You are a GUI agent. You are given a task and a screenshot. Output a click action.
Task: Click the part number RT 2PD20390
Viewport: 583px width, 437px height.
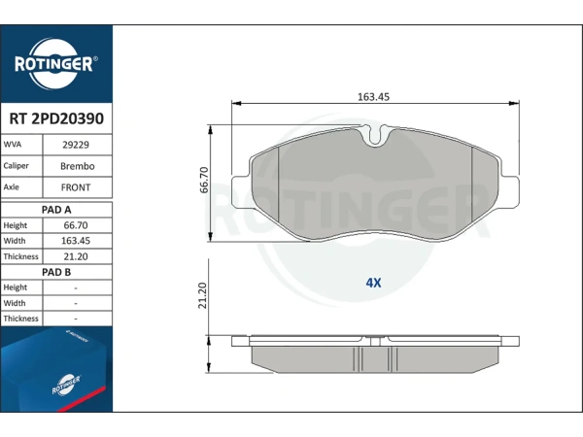[x=56, y=118]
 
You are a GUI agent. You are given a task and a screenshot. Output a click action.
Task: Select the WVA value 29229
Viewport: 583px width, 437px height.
[x=76, y=145]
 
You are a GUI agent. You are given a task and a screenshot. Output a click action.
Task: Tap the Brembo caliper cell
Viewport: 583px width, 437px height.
[x=78, y=166]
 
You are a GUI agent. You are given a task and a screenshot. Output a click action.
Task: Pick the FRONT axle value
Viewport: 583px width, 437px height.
[x=76, y=187]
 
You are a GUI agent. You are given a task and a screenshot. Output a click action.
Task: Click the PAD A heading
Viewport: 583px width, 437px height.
[x=56, y=210]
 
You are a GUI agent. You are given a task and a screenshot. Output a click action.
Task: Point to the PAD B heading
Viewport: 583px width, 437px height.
[x=56, y=272]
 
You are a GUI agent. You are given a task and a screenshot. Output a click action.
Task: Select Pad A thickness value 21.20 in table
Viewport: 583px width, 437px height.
[x=76, y=256]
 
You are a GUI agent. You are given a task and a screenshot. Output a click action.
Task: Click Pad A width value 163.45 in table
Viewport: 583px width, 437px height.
[x=76, y=241]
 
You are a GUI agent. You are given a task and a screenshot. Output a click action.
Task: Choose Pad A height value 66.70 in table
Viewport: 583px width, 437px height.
[x=76, y=225]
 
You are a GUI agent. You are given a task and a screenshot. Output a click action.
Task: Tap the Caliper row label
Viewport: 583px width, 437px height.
[x=16, y=166]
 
